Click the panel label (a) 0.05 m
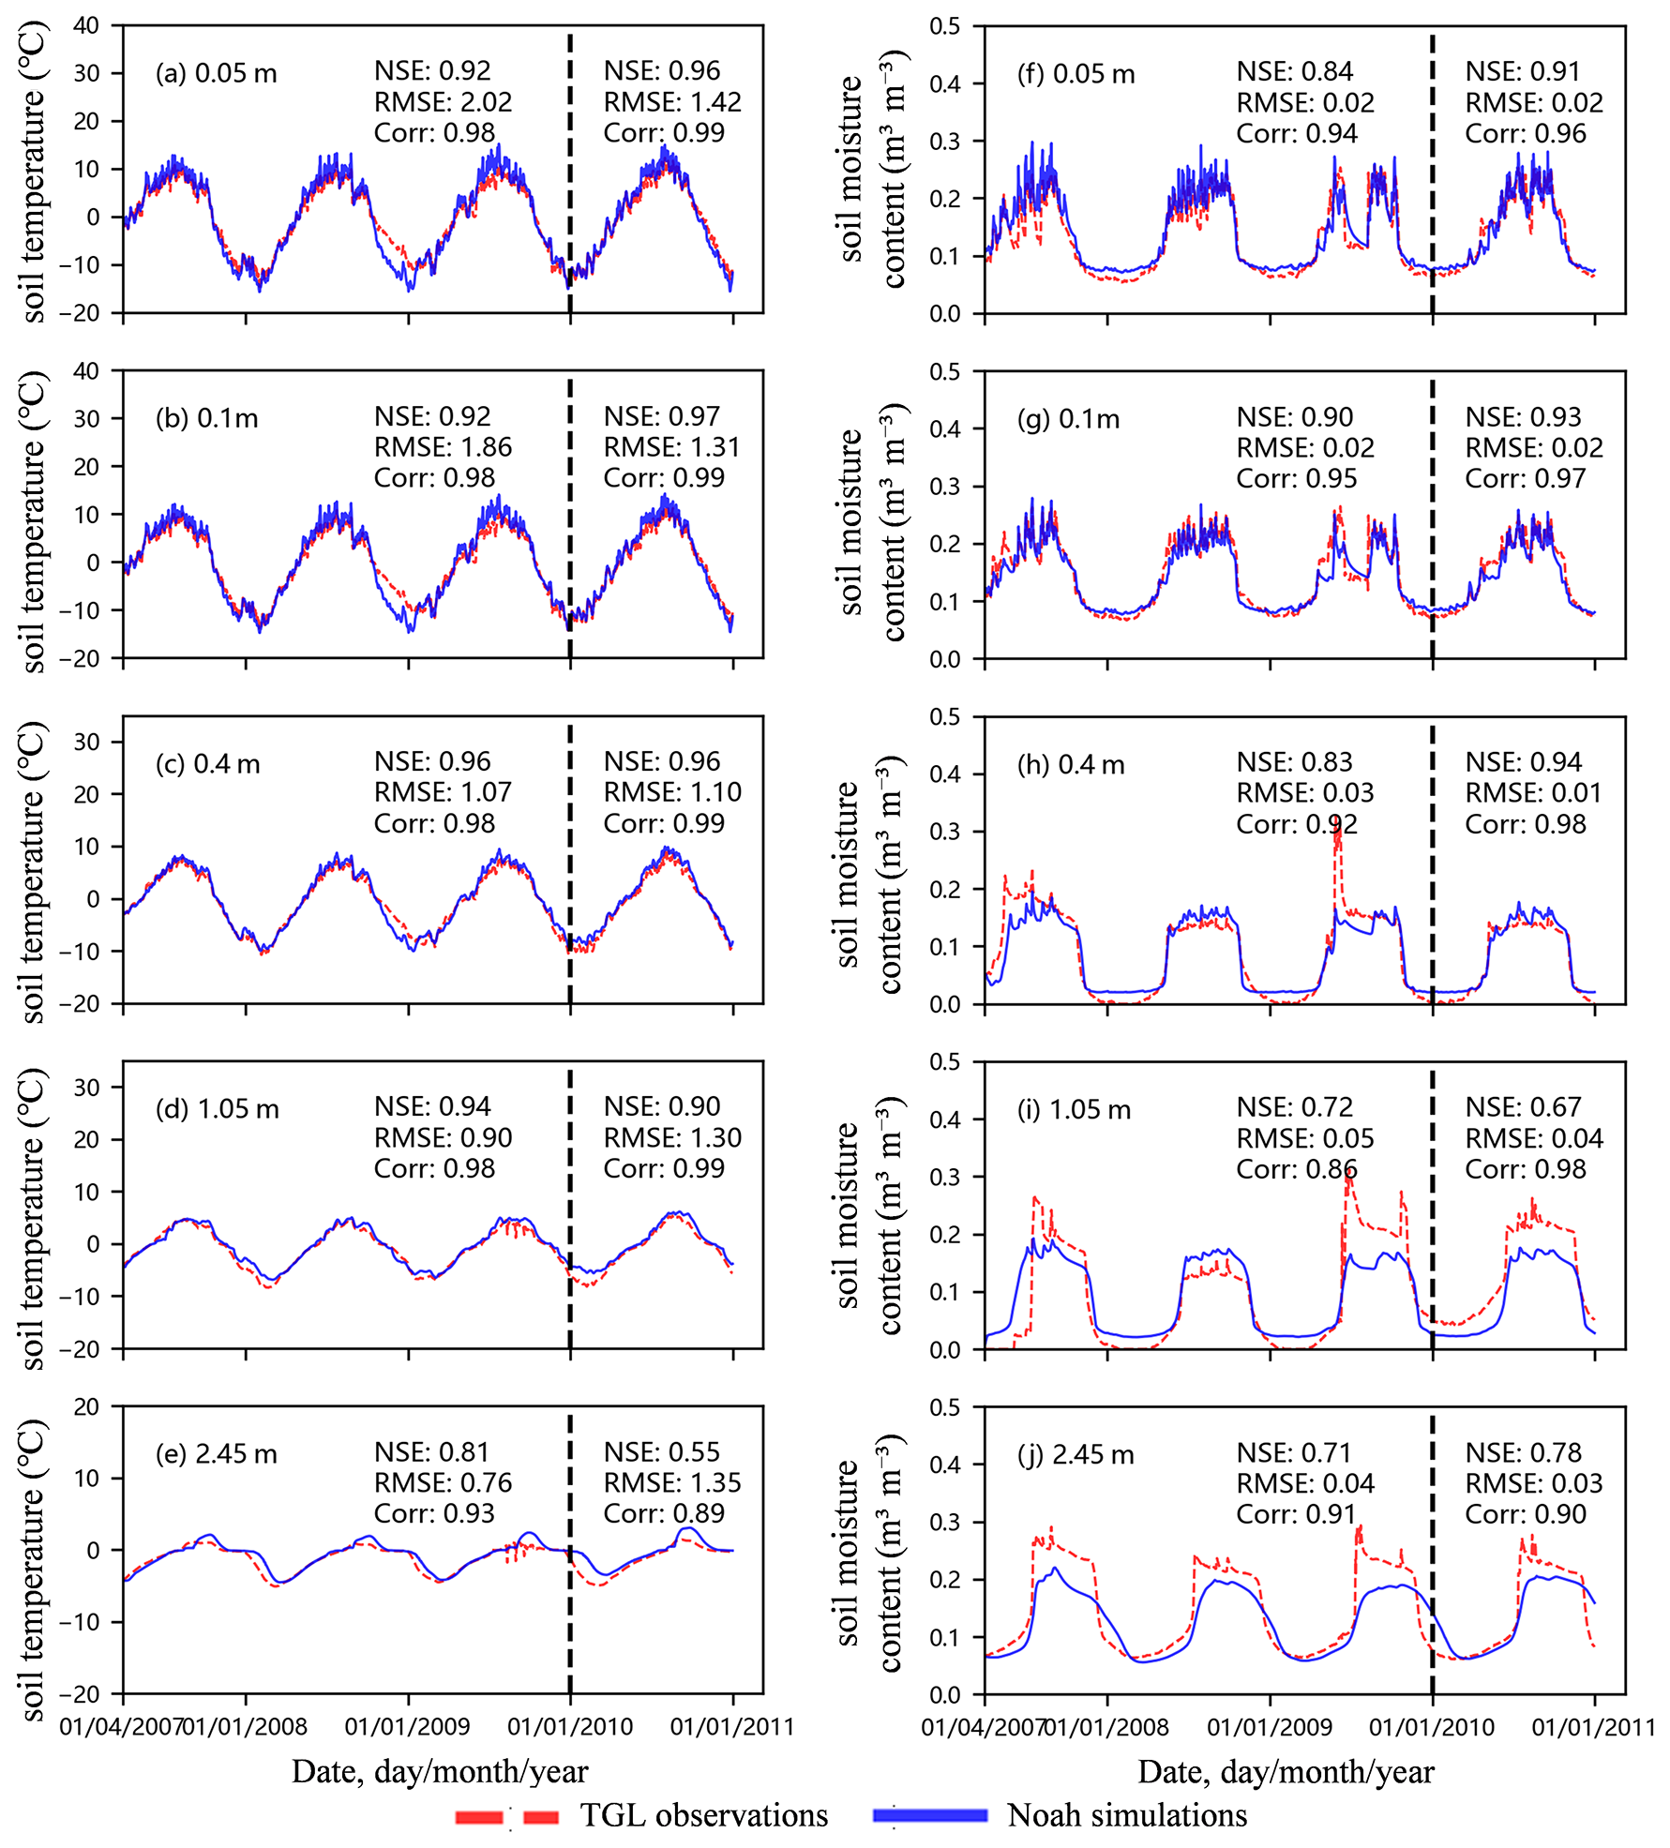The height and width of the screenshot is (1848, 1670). (x=216, y=73)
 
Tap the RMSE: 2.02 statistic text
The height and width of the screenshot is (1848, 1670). (x=443, y=102)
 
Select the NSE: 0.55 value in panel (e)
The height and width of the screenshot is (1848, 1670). (x=661, y=1452)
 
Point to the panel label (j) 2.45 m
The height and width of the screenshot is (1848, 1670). (x=1076, y=1455)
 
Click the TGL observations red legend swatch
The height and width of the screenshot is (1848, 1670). (x=506, y=1816)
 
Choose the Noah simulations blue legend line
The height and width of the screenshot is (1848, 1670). (x=929, y=1815)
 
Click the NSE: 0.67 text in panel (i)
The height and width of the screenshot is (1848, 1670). (x=1523, y=1107)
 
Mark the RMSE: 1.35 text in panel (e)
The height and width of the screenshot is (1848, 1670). (x=671, y=1483)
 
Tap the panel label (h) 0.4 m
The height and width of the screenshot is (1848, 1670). (x=1071, y=765)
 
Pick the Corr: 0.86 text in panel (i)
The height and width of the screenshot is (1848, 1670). (x=1296, y=1169)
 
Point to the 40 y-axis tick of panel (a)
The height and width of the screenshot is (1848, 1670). (x=86, y=25)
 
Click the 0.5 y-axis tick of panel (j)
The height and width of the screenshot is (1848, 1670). (x=945, y=1407)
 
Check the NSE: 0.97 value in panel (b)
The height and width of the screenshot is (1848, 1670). (x=661, y=416)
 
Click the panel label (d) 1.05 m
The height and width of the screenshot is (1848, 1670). (x=217, y=1109)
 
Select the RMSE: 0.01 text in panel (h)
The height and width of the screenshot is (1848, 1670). (x=1533, y=793)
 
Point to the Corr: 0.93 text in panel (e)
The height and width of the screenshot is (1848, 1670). (x=433, y=1513)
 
